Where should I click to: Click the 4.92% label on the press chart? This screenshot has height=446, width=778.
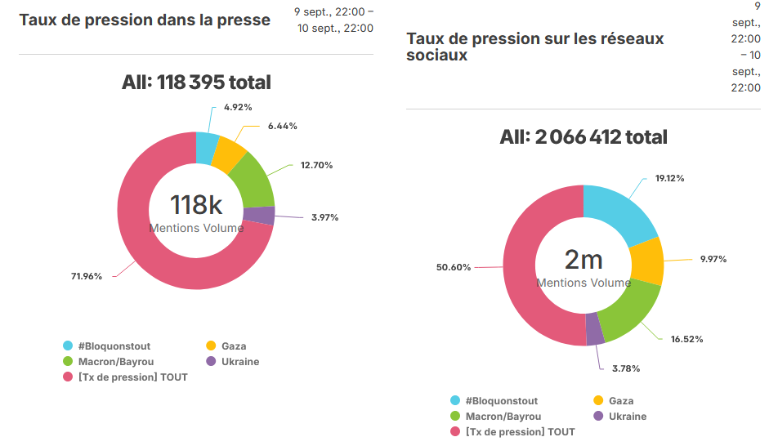tap(238, 107)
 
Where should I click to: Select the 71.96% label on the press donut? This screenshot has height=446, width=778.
tap(87, 276)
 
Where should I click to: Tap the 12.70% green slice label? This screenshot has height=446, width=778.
tap(316, 165)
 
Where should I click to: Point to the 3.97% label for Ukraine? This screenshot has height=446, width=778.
tap(324, 217)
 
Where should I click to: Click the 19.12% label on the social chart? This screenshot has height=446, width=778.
tap(668, 178)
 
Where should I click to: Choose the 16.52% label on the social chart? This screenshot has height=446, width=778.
tap(686, 338)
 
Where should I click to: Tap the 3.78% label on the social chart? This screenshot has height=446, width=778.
tap(626, 368)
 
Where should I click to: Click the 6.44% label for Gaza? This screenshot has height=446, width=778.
tap(282, 126)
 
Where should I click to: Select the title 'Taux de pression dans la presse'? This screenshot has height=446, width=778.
tap(145, 20)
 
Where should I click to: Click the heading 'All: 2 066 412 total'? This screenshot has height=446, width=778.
tap(583, 137)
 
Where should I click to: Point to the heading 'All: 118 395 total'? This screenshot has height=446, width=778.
tap(196, 83)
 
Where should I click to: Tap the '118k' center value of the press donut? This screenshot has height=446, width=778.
tap(196, 205)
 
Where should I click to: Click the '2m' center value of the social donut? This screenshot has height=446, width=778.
tap(583, 260)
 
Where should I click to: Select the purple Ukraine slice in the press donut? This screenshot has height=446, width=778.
tap(259, 216)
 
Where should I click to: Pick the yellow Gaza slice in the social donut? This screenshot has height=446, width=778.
tap(647, 261)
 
